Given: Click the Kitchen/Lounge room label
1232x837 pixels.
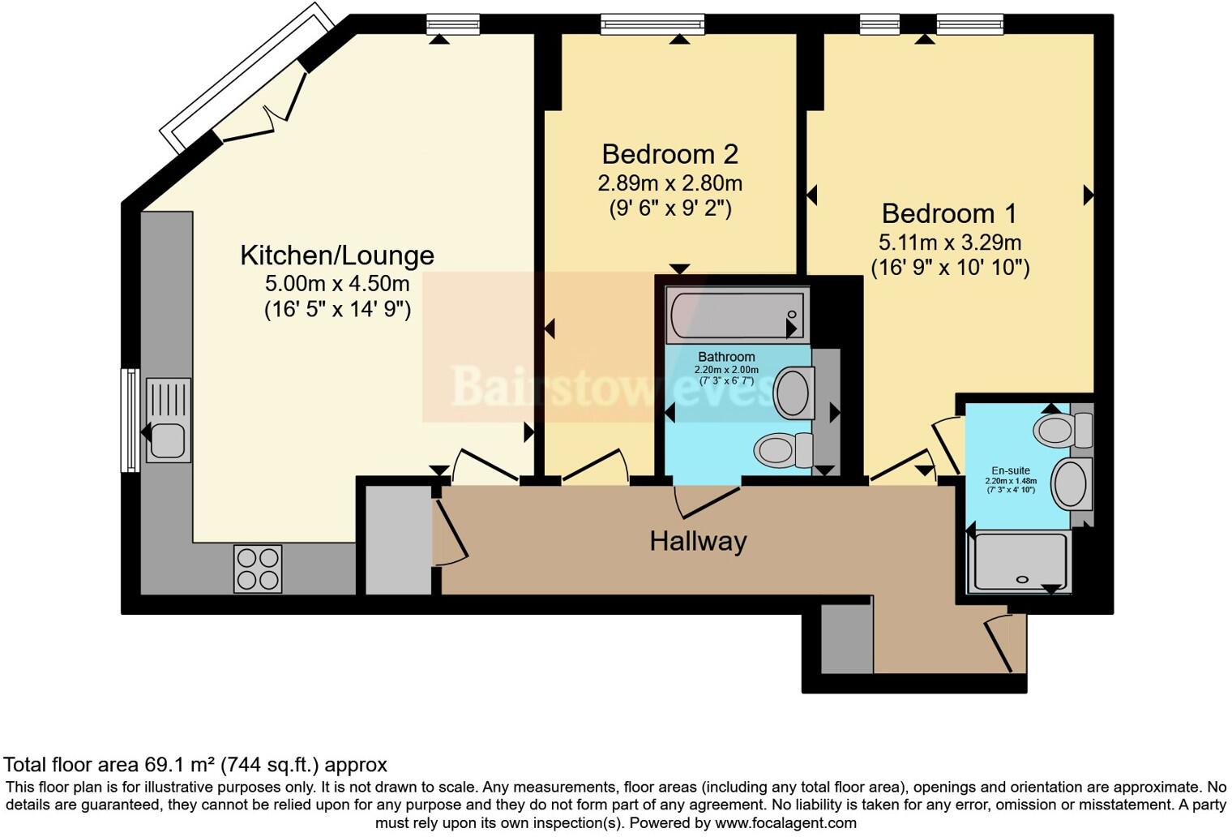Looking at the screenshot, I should (336, 255).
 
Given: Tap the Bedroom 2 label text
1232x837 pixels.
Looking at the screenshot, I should (669, 154).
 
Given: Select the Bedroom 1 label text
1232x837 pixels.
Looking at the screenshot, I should (948, 213).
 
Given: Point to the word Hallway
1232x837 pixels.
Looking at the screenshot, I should (698, 541).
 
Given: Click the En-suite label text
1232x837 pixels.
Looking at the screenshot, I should (1011, 470).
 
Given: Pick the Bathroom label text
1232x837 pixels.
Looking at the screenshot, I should (726, 357).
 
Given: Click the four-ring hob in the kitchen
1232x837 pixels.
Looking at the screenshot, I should (258, 569).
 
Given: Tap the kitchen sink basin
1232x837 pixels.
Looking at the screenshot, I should (168, 440).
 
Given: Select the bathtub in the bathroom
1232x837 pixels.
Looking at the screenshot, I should (736, 316).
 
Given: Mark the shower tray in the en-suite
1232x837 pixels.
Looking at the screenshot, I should (1021, 561).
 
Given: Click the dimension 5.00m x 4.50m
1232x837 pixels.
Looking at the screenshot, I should (336, 284).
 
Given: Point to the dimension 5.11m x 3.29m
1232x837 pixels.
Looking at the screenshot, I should (949, 242).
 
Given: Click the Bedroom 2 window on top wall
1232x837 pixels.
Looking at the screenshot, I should (652, 24).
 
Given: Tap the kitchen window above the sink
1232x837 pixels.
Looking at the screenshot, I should (129, 419).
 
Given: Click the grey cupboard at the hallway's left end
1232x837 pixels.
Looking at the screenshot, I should (398, 540).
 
